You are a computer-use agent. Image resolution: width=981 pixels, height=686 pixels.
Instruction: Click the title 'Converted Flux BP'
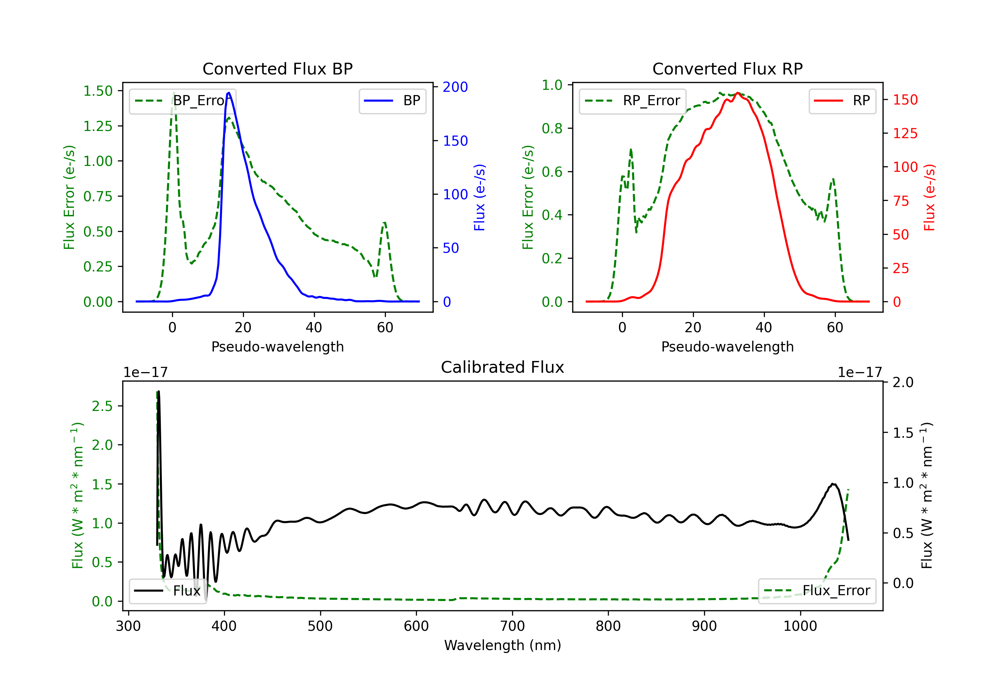point(277,69)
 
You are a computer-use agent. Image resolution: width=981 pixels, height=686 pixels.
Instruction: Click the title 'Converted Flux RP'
point(727,69)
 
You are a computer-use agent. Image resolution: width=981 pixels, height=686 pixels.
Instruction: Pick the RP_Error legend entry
point(632,101)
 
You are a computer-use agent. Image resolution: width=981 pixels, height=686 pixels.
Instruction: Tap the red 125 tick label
point(905,134)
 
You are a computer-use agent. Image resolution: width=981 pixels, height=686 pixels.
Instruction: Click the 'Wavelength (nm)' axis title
point(503,645)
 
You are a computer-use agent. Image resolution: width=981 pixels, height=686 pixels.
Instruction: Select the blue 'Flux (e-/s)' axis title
point(479,197)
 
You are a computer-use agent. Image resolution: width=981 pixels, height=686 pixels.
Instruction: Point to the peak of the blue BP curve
point(229,93)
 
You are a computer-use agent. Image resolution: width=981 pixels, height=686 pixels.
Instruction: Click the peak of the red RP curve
point(737,93)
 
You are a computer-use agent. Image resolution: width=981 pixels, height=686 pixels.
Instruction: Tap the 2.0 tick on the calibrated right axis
point(903,383)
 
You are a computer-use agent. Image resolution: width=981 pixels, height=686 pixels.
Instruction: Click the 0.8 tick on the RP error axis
point(552,128)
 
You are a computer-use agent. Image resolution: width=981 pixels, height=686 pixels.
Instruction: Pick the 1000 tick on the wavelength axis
point(800,626)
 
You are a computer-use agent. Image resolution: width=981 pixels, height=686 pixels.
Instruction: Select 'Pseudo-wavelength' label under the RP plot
point(727,347)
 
